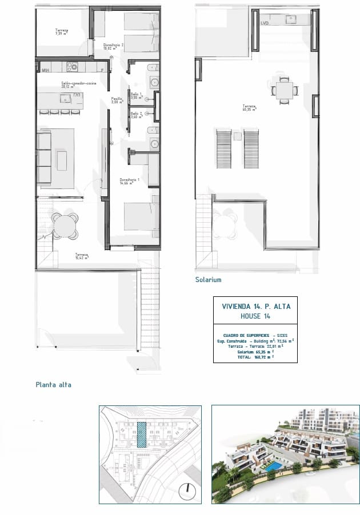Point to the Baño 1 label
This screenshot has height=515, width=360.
point(136,95)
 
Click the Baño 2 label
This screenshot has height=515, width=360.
point(136,115)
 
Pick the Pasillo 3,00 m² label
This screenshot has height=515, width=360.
point(117,100)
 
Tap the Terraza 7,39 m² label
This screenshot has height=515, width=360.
point(61,32)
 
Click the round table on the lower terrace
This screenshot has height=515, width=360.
point(64,226)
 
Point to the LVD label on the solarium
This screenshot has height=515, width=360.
point(264,23)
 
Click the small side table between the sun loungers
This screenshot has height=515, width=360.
point(236,135)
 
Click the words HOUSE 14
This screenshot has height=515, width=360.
point(255,316)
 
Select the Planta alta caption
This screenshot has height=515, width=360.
point(54,385)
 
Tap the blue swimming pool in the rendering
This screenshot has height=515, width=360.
point(272,466)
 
